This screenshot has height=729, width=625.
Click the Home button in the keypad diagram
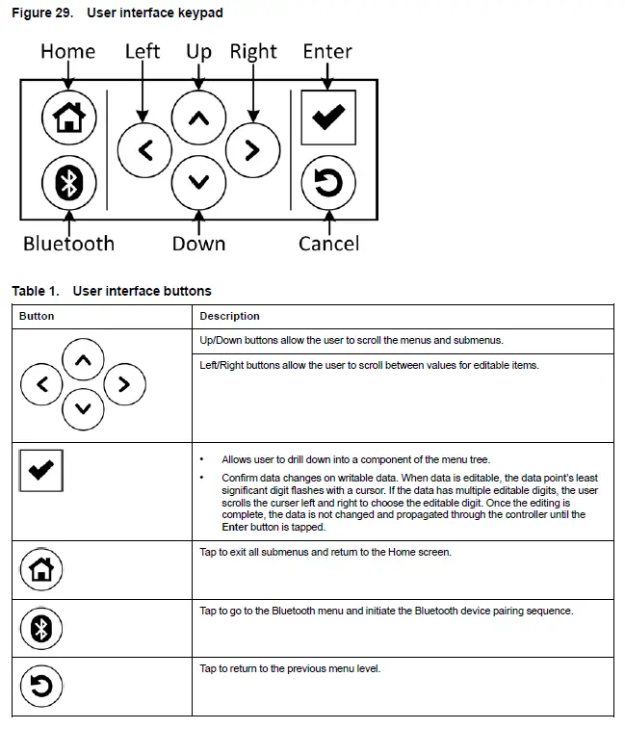point(67,117)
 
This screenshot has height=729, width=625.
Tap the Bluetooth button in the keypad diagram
point(67,182)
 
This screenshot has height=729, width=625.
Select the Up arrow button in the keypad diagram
point(198,118)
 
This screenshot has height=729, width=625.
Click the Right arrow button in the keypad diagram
point(252,149)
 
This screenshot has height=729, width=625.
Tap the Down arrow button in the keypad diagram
point(198,180)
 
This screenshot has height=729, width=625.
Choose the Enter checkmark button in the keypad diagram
point(328,117)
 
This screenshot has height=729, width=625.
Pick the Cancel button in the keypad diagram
point(328,183)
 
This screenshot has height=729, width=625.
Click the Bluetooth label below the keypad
point(68,244)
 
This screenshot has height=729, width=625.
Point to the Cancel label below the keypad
point(328,244)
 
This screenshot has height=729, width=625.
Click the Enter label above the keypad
point(327,51)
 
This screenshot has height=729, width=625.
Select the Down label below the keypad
point(198,244)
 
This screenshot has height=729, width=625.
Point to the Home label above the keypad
point(67,51)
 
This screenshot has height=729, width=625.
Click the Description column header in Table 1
point(229,316)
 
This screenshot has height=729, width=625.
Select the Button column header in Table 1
point(37,316)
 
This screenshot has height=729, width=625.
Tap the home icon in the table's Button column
point(41,570)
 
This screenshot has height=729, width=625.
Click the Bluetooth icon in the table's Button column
point(41,629)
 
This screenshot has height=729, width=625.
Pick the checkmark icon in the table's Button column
point(41,471)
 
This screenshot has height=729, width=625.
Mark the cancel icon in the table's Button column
point(41,686)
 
